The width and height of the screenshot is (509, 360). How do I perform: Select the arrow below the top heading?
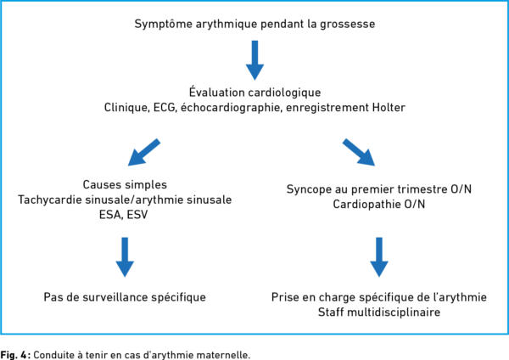pyautogui.click(x=255, y=60)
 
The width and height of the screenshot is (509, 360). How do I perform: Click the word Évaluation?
pyautogui.click(x=220, y=92)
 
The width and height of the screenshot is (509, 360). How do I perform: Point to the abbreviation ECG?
pyautogui.click(x=165, y=107)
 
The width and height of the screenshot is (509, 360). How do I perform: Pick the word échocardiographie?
pyautogui.click(x=231, y=107)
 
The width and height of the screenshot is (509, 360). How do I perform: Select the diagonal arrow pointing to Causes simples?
pyautogui.click(x=144, y=152)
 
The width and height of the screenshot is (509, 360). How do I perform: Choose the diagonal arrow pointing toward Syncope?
pyautogui.click(x=359, y=152)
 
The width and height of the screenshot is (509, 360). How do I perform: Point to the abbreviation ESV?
pyautogui.click(x=137, y=215)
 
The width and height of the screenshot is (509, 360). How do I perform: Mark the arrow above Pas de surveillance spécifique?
pyautogui.click(x=125, y=257)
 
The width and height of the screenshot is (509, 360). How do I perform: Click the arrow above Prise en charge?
pyautogui.click(x=379, y=257)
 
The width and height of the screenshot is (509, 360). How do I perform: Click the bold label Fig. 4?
pyautogui.click(x=14, y=354)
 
